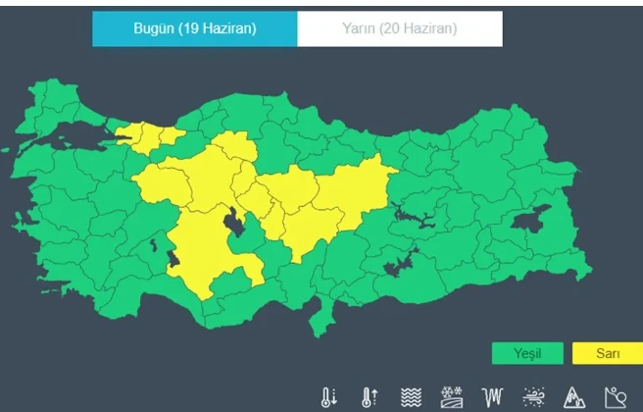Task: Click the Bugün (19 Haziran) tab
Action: [194, 28]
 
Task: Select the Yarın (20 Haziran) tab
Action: [400, 28]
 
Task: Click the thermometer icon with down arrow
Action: [328, 397]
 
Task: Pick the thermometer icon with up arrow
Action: [370, 397]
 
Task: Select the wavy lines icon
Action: [411, 397]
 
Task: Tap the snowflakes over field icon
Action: [452, 397]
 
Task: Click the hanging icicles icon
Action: [493, 397]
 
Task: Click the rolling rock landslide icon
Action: [615, 397]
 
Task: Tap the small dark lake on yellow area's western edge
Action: [173, 259]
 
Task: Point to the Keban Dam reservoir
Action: [412, 216]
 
